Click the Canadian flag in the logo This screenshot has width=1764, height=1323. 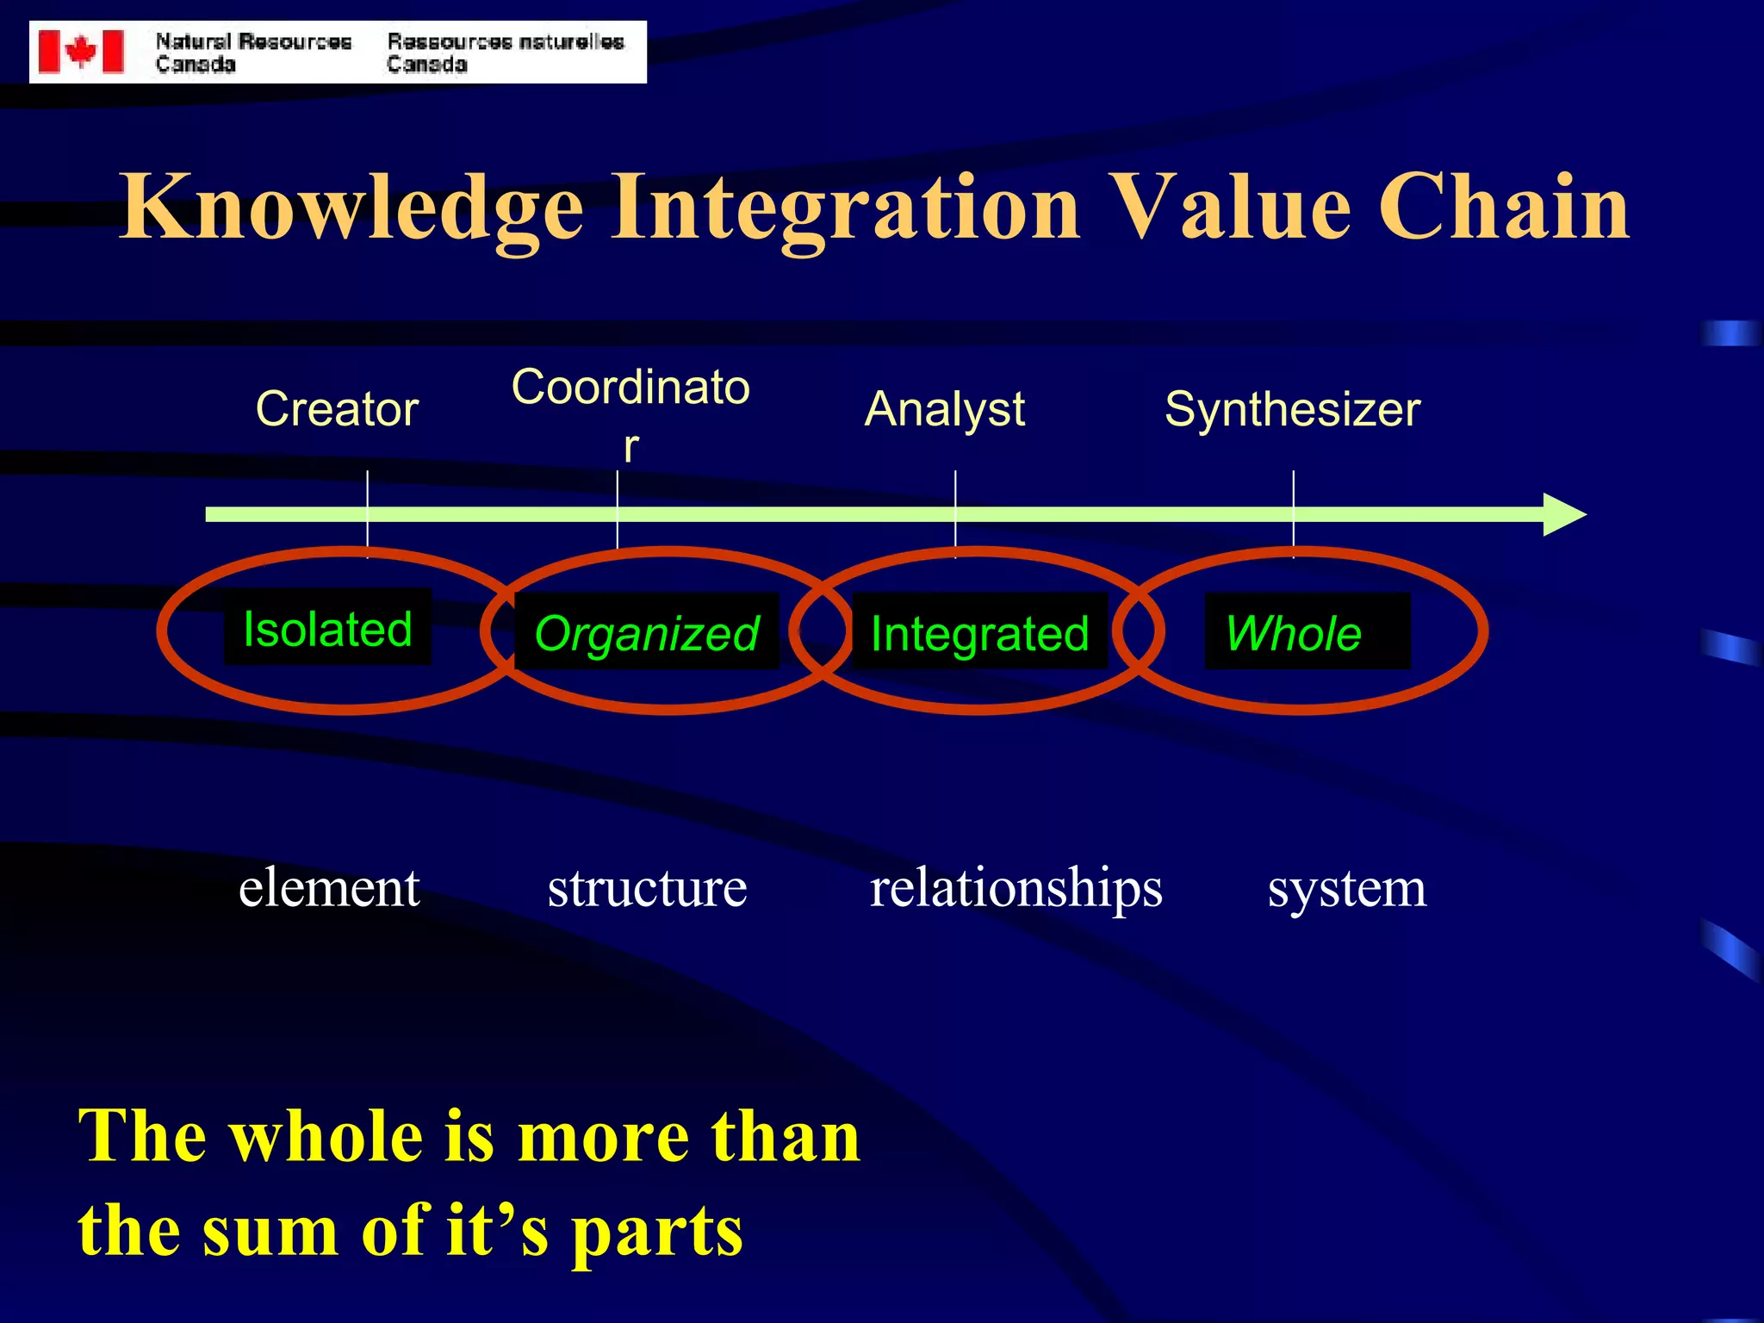(81, 52)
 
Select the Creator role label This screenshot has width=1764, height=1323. (337, 409)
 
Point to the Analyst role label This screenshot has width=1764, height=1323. (944, 409)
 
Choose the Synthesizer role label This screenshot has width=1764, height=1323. (1292, 409)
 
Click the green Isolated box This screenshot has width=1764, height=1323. (327, 628)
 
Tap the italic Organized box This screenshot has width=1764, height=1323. (646, 632)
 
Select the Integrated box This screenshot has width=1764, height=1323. (979, 632)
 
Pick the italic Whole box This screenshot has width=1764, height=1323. (1306, 632)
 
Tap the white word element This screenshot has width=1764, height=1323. (329, 888)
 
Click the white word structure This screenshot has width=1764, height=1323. (647, 888)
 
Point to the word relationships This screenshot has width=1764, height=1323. (1016, 890)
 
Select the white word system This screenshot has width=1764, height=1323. (1346, 890)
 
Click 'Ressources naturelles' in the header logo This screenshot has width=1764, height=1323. (506, 41)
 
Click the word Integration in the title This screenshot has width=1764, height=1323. (844, 207)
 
